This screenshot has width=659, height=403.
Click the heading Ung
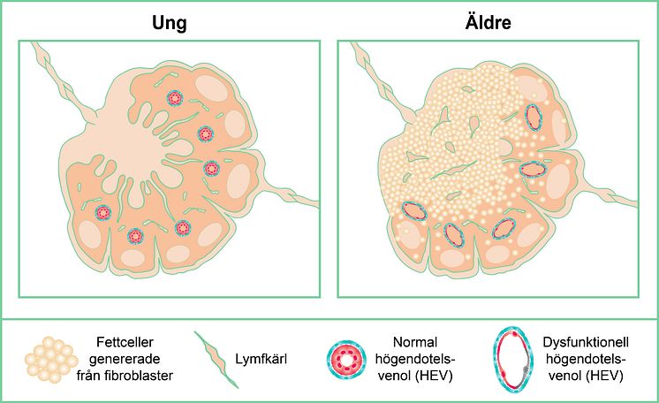[170, 24]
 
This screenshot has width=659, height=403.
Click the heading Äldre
[488, 22]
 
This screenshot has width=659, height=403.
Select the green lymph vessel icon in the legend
[216, 360]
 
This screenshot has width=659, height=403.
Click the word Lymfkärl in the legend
[261, 359]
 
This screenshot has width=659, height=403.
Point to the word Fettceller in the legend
[125, 342]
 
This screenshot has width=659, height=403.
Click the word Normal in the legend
[415, 342]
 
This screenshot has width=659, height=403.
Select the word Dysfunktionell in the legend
[586, 342]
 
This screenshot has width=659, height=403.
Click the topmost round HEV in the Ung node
[175, 98]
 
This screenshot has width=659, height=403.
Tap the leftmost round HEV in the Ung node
[103, 212]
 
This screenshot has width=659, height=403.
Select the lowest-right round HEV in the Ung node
[183, 228]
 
